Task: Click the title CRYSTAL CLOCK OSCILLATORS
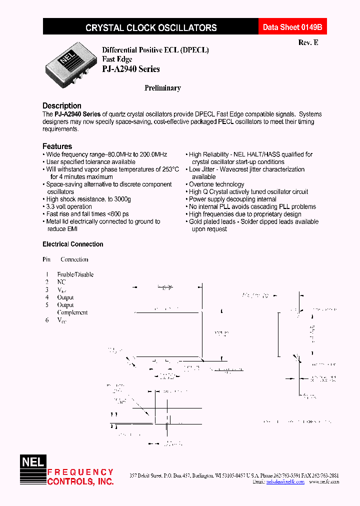pos(151,28)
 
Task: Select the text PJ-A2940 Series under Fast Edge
pos(130,69)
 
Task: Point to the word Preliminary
pos(162,88)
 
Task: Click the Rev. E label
pos(308,43)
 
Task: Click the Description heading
pos(61,106)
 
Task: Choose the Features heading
pos(57,146)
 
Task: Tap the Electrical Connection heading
pos(73,244)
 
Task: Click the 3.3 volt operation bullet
pos(69,206)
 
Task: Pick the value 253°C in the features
pos(168,169)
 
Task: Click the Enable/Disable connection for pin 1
pos(75,274)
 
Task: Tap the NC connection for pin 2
pos(61,282)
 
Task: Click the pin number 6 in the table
pos(47,320)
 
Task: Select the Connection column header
pos(74,259)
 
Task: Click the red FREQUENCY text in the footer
pos(80,472)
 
